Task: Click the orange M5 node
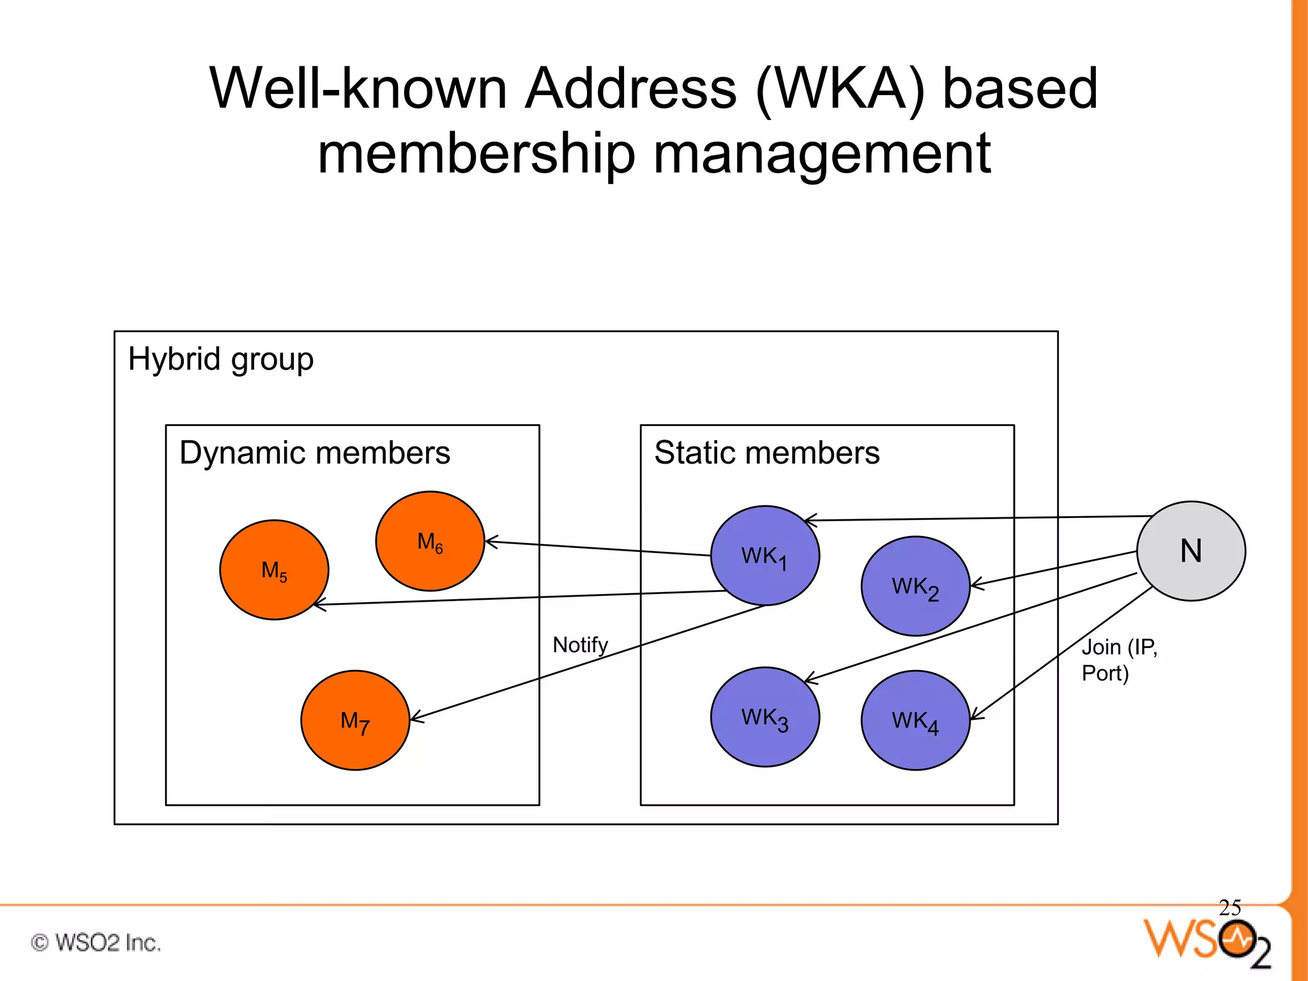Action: click(274, 570)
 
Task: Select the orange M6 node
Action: click(430, 541)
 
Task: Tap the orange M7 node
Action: click(355, 720)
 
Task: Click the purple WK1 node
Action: click(764, 555)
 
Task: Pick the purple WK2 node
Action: click(915, 586)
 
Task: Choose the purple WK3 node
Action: click(764, 717)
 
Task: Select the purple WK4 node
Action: click(915, 720)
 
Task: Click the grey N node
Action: click(1190, 551)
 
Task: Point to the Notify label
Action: click(580, 644)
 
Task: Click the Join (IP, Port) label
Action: click(1118, 660)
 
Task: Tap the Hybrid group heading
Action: click(220, 358)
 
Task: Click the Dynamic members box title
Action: click(315, 453)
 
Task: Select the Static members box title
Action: click(766, 453)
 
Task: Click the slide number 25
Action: click(1229, 907)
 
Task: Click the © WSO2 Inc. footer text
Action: click(96, 943)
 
